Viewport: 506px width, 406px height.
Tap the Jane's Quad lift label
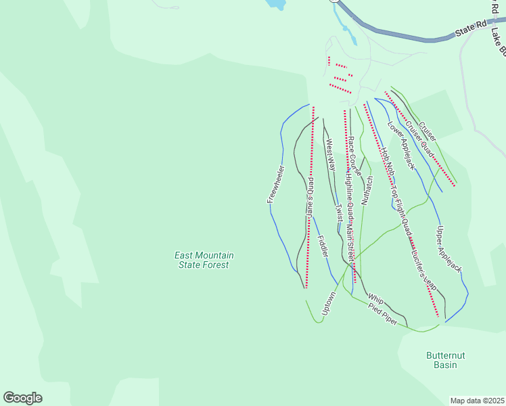310,197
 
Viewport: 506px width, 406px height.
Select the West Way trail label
331,154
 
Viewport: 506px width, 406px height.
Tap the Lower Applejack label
400,145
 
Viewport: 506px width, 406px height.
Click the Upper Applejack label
449,250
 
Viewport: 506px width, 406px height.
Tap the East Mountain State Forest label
204,260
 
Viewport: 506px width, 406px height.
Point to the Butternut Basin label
446,360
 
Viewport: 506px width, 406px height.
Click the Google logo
23,398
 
